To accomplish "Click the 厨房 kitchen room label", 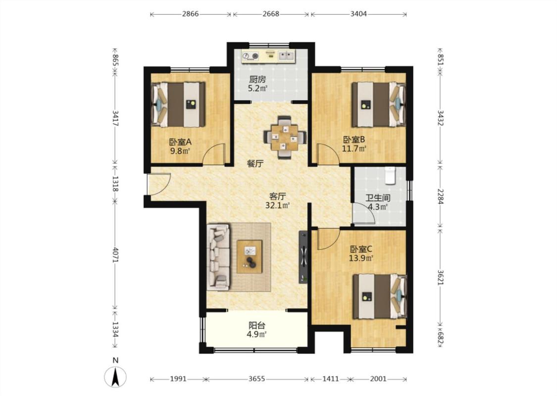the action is click(257, 80).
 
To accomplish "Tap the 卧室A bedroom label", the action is click(180, 142).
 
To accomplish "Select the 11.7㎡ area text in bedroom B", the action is click(354, 148).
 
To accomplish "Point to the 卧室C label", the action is click(361, 249).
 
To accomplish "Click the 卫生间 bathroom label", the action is click(378, 198).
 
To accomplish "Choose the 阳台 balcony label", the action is click(257, 325).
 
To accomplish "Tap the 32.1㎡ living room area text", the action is click(277, 205).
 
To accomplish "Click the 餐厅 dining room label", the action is click(255, 164).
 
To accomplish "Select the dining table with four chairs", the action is click(285, 137).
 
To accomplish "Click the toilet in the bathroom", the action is click(390, 176).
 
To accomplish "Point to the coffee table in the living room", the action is click(250, 256).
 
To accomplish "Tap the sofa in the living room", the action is click(218, 257).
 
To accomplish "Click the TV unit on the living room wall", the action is click(304, 257).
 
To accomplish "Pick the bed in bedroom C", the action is click(379, 297).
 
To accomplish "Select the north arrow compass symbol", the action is click(115, 377).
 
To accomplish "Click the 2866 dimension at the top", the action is click(191, 14).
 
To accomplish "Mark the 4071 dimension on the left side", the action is click(115, 254).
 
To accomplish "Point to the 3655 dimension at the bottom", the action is click(256, 379).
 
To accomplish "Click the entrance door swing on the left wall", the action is click(159, 184).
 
